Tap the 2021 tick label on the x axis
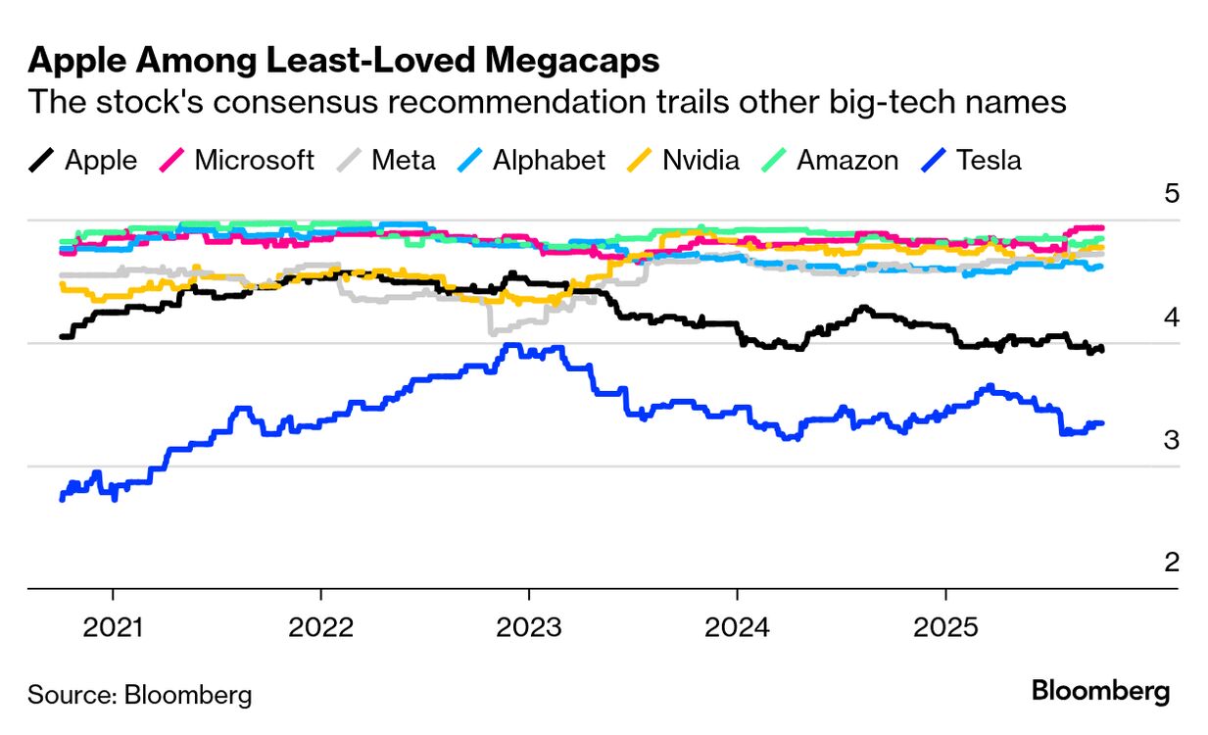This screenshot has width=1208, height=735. click(113, 627)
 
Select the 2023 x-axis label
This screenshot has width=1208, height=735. click(529, 627)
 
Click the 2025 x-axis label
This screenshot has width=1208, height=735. click(944, 627)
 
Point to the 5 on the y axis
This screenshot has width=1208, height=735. click(1172, 193)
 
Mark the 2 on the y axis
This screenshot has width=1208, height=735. click(1172, 562)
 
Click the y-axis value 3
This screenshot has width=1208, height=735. click(1172, 439)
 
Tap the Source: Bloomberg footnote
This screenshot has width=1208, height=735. click(140, 696)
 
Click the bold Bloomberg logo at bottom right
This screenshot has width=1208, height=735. click(1100, 692)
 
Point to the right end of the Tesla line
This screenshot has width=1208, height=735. click(1102, 423)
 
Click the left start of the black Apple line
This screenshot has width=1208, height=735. click(62, 337)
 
